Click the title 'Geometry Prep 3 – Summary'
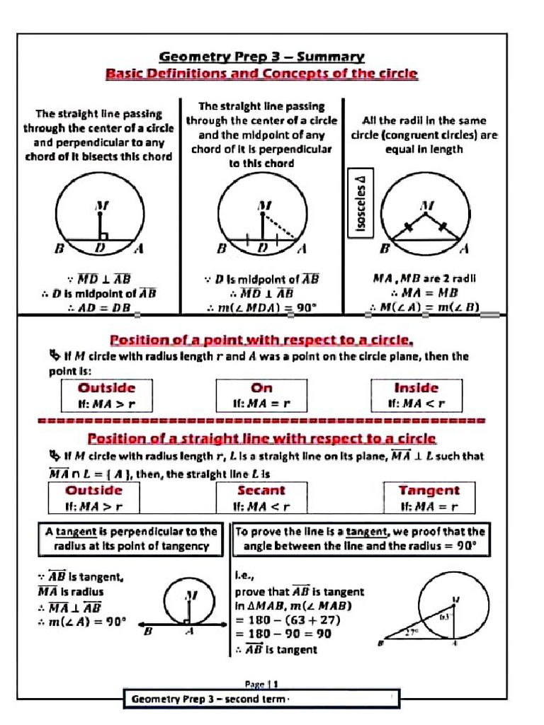[x=261, y=57]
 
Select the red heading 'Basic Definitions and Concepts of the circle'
[x=261, y=74]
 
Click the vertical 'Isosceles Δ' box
[x=361, y=202]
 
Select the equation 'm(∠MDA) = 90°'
[x=261, y=307]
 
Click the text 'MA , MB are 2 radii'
[x=424, y=278]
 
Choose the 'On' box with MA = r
[x=261, y=395]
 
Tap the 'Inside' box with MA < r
[x=416, y=395]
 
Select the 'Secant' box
[x=261, y=497]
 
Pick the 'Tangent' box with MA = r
[x=429, y=497]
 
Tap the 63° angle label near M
[x=445, y=617]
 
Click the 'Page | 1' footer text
[x=261, y=684]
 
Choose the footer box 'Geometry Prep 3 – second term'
[x=261, y=700]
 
